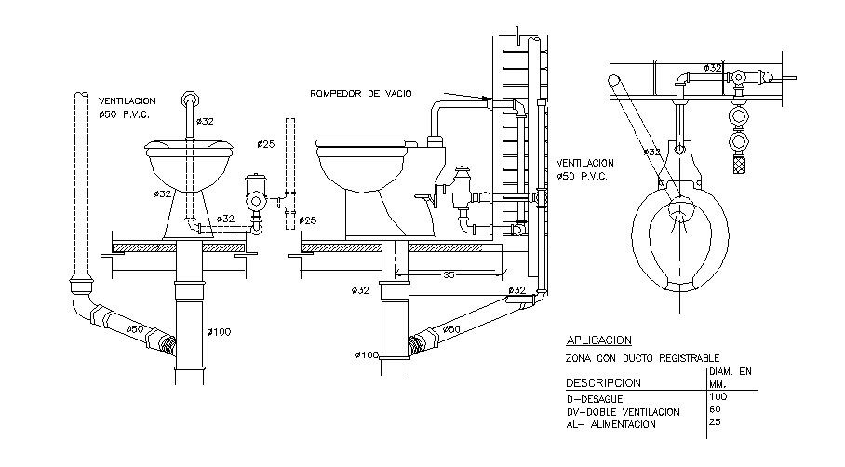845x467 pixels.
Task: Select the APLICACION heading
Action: tap(598, 340)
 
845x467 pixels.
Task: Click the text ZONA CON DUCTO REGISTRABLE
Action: tap(642, 357)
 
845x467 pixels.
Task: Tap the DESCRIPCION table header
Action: tap(603, 382)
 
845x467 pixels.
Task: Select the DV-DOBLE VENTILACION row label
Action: tap(623, 411)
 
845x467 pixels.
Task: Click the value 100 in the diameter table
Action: tap(718, 397)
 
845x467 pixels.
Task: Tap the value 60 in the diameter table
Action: tap(715, 410)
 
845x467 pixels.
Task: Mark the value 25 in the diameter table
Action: tap(715, 423)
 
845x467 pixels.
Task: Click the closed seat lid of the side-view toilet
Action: tap(362, 144)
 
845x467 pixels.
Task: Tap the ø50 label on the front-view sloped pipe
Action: tap(135, 328)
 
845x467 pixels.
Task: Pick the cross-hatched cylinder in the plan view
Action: tap(742, 166)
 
